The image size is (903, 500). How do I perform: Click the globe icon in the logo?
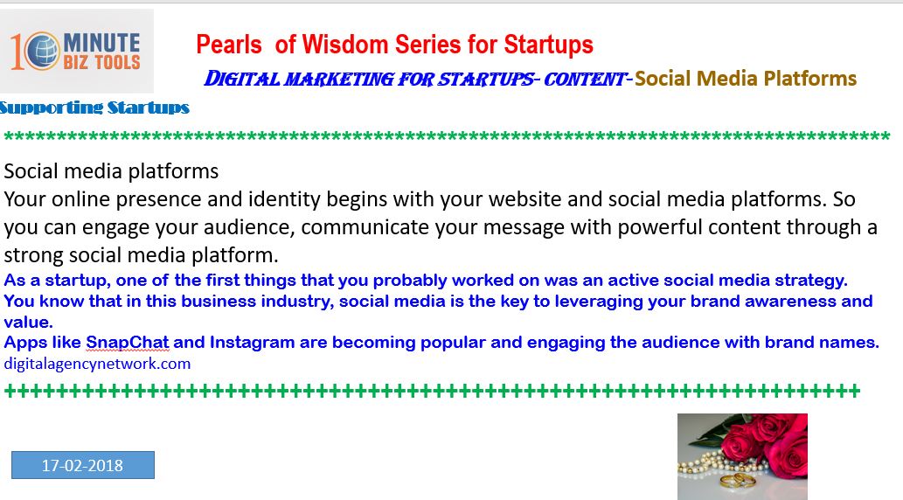(42, 50)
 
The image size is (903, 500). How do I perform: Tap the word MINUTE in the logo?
(101, 43)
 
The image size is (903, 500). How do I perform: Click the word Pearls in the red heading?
(229, 45)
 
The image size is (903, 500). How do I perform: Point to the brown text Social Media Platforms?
(746, 79)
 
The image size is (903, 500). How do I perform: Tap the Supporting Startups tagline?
(94, 108)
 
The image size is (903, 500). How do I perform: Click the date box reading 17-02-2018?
(83, 465)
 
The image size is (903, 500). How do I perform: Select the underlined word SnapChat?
(128, 343)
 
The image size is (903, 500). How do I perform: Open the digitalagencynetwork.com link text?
(97, 364)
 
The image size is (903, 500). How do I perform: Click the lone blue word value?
(28, 322)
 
